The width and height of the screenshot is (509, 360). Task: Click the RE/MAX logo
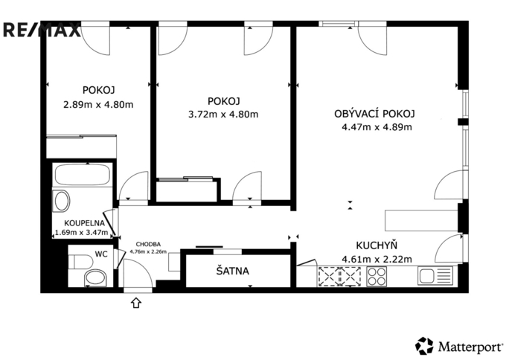42,30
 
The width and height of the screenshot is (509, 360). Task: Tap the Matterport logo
459,346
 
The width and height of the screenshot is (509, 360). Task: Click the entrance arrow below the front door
136,303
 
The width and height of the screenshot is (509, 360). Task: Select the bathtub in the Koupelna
82,175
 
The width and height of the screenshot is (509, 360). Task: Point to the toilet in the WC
80,261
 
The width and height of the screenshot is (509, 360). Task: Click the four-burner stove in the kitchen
377,277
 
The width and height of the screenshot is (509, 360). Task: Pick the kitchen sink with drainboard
435,276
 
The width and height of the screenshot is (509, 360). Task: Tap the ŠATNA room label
232,271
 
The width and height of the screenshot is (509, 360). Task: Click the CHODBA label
148,244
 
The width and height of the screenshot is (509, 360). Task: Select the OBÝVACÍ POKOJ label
374,114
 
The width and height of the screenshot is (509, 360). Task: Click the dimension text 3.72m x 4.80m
223,114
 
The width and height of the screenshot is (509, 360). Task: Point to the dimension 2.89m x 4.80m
98,105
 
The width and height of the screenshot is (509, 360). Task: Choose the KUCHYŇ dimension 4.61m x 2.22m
377,259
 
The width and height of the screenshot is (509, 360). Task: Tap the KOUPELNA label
84,223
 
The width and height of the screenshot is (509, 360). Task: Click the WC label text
101,254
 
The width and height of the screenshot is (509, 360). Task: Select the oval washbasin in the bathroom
62,201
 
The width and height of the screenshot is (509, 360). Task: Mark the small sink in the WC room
95,278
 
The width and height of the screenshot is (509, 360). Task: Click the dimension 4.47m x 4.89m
377,126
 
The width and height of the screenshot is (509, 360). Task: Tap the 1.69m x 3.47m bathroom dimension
81,232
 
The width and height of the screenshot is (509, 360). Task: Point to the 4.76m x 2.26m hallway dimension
148,251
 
